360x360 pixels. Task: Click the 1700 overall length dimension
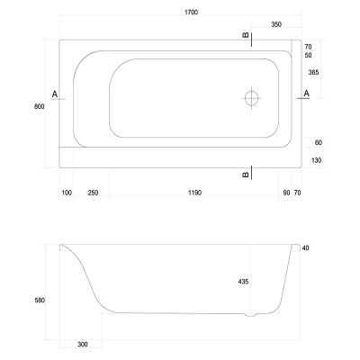point(192,13)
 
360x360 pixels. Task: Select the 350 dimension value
point(276,24)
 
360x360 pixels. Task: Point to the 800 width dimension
point(40,106)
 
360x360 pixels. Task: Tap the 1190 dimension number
point(195,193)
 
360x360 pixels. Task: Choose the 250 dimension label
point(93,193)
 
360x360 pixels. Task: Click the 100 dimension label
point(67,193)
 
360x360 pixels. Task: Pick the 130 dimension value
point(316,160)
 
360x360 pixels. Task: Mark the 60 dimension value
point(319,142)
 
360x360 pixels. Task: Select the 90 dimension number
point(286,193)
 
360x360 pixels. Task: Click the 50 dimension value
point(308,56)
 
